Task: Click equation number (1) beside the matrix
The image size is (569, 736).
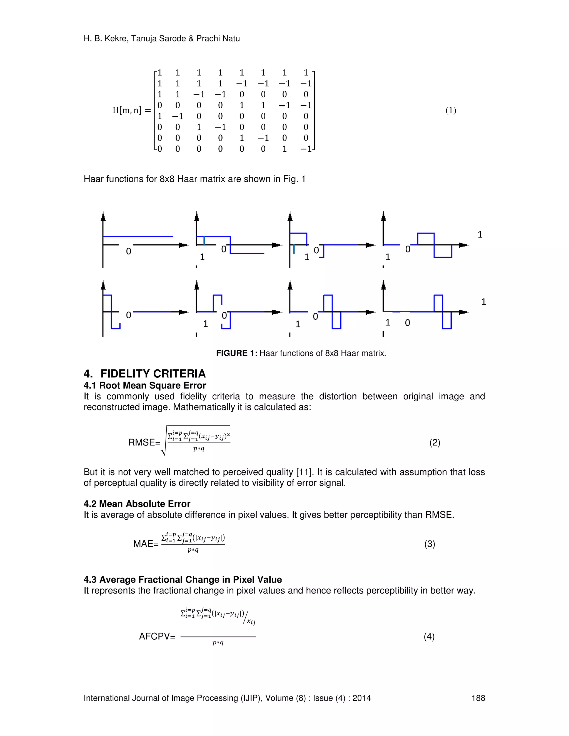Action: [x=451, y=111]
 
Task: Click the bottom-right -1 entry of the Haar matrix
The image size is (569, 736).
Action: [x=306, y=149]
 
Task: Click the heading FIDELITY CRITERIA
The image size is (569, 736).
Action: [x=153, y=374]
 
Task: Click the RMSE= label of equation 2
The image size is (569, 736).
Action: [x=144, y=442]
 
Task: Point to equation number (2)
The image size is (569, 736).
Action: [x=435, y=442]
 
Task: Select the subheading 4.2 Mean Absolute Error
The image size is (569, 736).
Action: [x=137, y=504]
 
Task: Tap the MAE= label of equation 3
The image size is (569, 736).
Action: [x=146, y=544]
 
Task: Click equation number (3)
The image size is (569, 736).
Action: [x=430, y=544]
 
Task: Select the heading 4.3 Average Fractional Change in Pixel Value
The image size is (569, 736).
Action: [x=183, y=580]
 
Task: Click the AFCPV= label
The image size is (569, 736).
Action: [x=157, y=637]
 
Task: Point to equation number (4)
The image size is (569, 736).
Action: [x=429, y=637]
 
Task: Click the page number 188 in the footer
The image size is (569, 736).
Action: [x=478, y=698]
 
